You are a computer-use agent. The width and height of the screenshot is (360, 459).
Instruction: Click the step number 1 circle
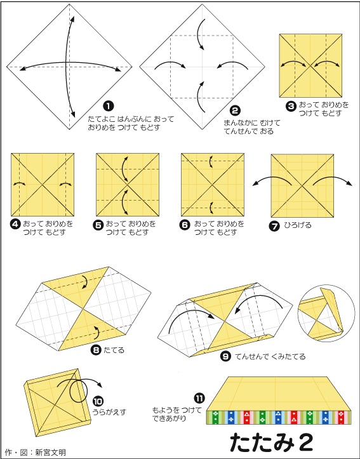click(109, 106)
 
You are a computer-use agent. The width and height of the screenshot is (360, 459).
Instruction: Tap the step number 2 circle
click(235, 110)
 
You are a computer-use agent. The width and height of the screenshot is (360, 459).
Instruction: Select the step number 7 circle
click(274, 227)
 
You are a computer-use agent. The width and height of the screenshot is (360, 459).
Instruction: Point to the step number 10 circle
click(98, 401)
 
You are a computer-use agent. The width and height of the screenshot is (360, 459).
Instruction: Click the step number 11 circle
click(199, 398)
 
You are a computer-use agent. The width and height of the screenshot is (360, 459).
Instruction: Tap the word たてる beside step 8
click(114, 350)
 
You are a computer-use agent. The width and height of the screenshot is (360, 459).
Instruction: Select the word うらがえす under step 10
click(109, 412)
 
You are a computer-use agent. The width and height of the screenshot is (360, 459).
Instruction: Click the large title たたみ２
click(271, 442)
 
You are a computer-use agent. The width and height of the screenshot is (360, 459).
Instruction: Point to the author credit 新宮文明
click(50, 452)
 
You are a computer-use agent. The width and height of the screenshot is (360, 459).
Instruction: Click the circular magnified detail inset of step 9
click(321, 314)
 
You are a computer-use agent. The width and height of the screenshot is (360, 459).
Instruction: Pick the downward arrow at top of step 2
click(199, 34)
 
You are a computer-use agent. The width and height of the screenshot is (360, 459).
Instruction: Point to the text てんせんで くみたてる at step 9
click(270, 356)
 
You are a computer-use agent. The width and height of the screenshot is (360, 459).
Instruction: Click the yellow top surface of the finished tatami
click(278, 394)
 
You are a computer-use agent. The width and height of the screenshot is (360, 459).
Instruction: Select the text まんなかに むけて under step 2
click(252, 123)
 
